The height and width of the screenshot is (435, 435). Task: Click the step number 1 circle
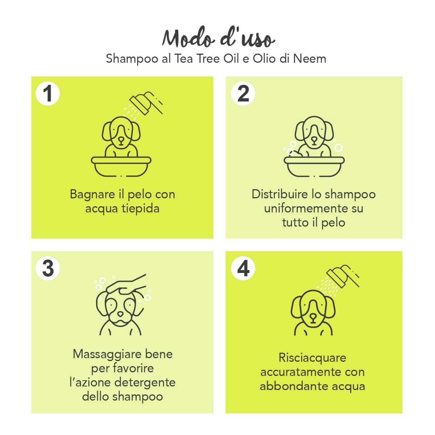pos(47,94)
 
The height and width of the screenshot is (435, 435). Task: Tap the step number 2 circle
pos(243,94)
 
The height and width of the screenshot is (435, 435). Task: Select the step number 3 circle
pos(47,269)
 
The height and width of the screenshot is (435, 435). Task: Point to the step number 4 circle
pos(243,269)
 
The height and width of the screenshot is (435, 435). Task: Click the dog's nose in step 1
pos(121,138)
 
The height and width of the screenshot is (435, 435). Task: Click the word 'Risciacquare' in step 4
pos(312,358)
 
